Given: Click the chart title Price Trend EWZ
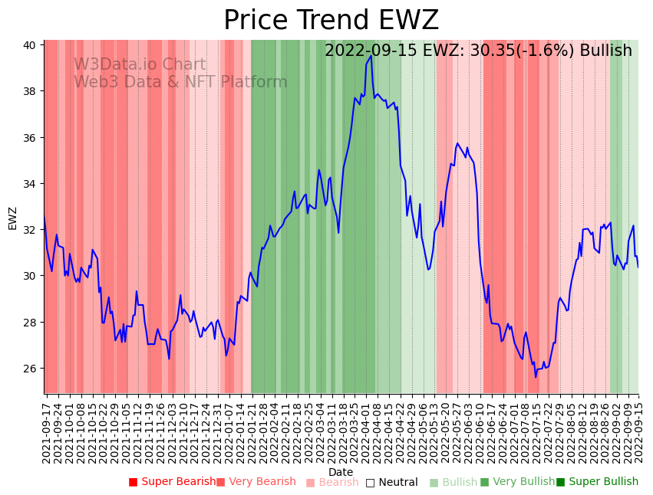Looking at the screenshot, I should (x=331, y=21).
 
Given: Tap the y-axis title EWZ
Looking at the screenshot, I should (x=12, y=218).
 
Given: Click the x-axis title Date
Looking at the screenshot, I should (x=341, y=472).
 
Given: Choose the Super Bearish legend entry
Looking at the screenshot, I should (x=172, y=482).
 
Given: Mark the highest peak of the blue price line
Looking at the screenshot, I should (x=371, y=55).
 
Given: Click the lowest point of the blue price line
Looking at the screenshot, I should (x=536, y=377).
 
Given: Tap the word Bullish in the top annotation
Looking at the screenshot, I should (x=605, y=51).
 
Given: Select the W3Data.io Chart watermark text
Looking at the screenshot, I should (x=140, y=65).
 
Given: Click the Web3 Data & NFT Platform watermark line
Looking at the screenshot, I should (x=180, y=82).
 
